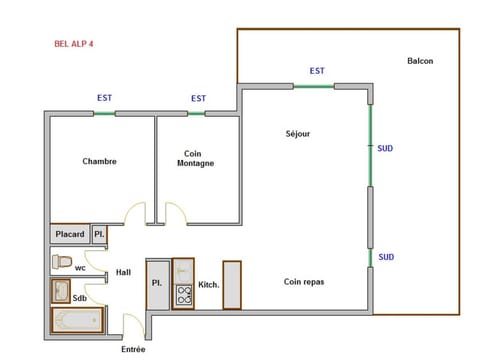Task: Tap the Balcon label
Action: pyautogui.click(x=420, y=62)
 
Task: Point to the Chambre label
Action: pyautogui.click(x=100, y=161)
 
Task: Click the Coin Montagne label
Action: pyautogui.click(x=196, y=157)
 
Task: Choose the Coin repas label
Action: pyautogui.click(x=304, y=282)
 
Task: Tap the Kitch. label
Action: pyautogui.click(x=208, y=284)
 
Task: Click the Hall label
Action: pyautogui.click(x=123, y=272)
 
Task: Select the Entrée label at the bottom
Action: pyautogui.click(x=133, y=349)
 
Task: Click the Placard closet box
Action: pyautogui.click(x=70, y=235)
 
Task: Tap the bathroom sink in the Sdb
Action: pyautogui.click(x=60, y=291)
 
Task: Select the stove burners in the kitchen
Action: pyautogui.click(x=183, y=294)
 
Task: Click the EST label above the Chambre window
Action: pyautogui.click(x=104, y=98)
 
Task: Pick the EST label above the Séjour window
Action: pyautogui.click(x=317, y=71)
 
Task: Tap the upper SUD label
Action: pyautogui.click(x=385, y=149)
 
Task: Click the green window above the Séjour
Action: pyautogui.click(x=314, y=87)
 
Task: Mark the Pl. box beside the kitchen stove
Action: pyautogui.click(x=157, y=284)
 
